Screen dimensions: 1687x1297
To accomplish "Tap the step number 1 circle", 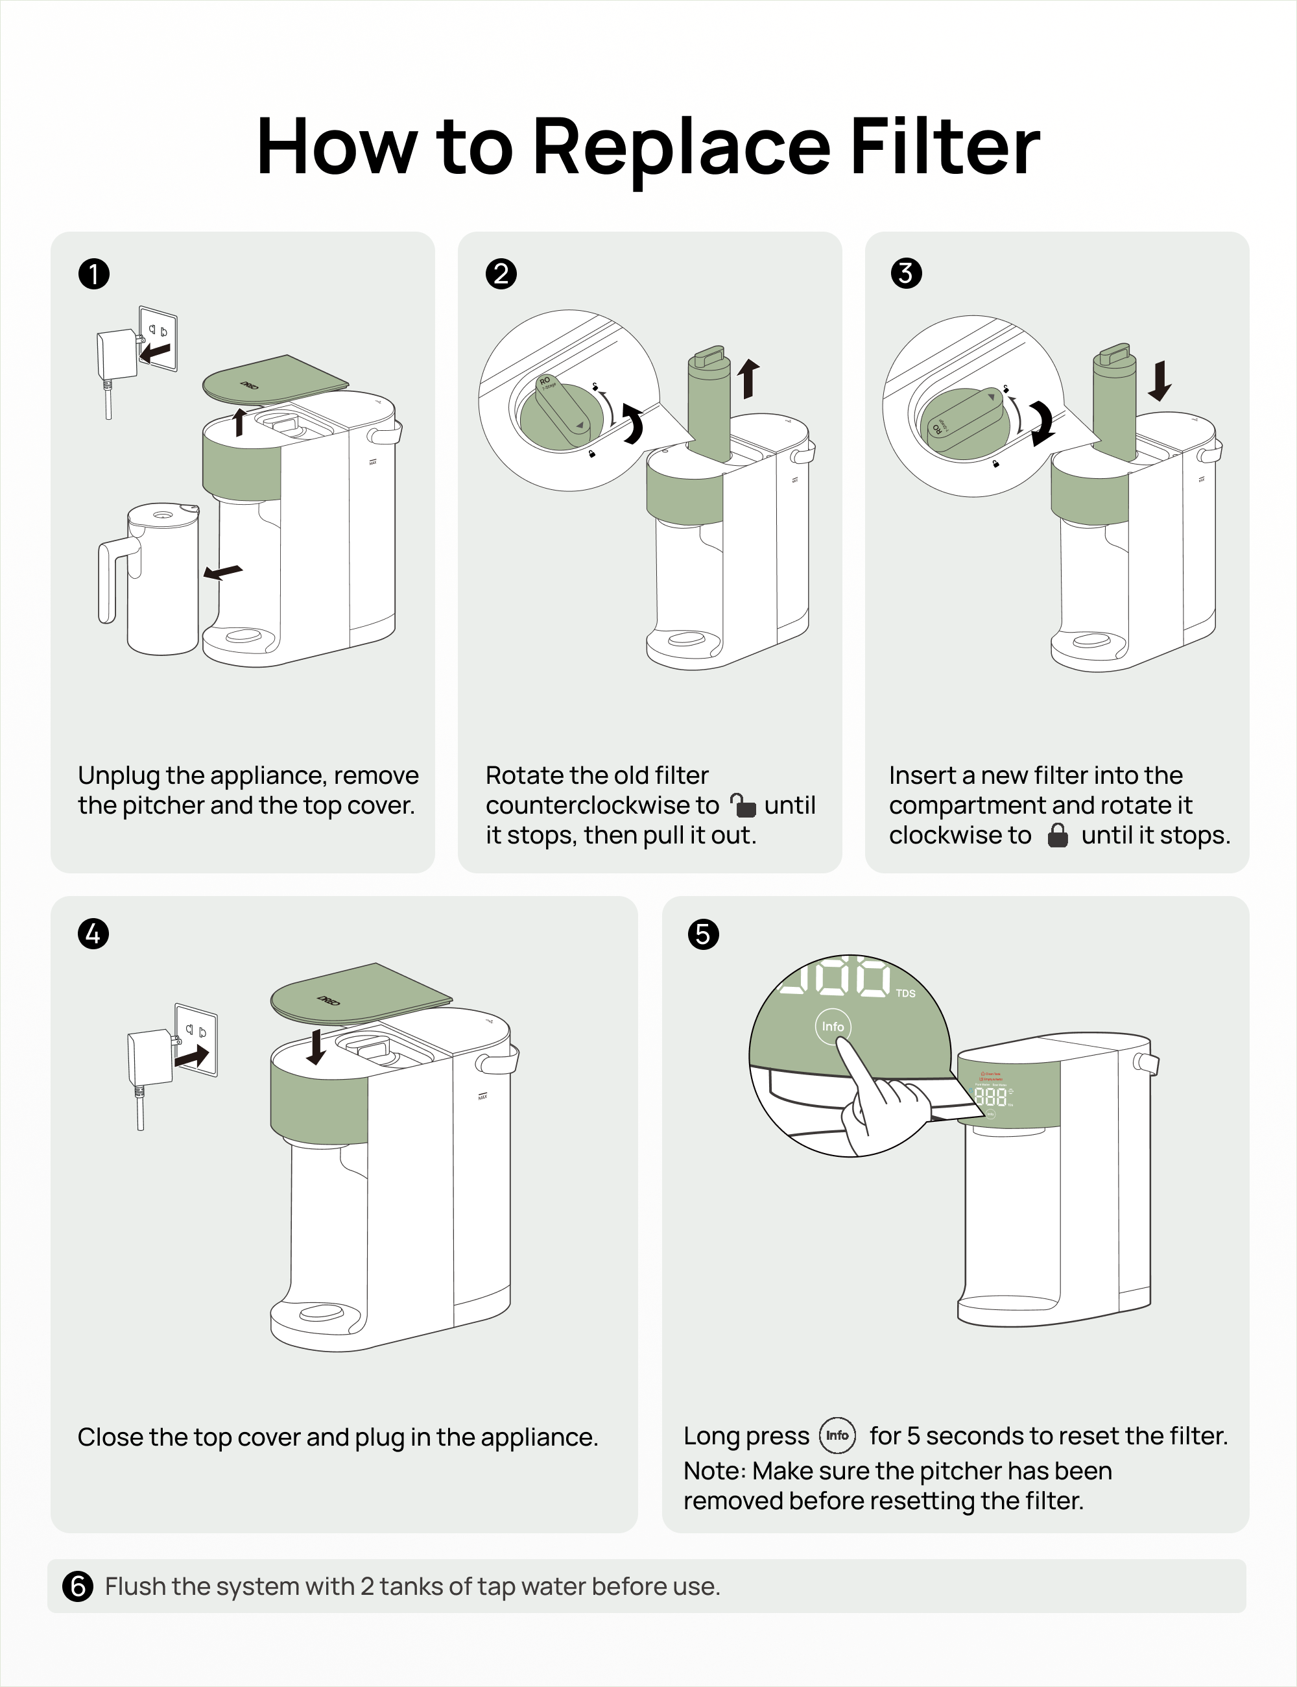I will pos(94,274).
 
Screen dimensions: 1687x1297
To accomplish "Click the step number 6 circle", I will pos(77,1586).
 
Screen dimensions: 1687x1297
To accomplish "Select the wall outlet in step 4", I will pos(197,1039).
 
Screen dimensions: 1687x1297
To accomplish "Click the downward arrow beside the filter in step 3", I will pos(1160,380).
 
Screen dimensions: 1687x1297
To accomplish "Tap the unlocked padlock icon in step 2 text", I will pos(743,806).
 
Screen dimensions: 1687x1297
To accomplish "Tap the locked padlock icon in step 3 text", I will pos(1057,835).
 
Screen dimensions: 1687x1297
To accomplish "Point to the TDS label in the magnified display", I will pos(905,993).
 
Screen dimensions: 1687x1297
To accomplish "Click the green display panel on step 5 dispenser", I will pos(1008,1093).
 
